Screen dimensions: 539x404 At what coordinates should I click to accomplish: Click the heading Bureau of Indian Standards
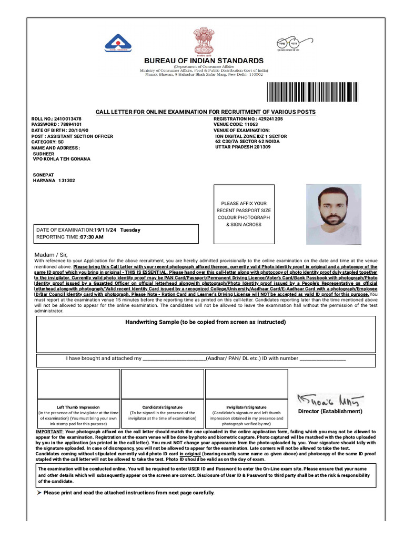click(x=205, y=61)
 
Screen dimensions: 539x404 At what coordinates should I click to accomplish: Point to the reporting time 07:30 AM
click(x=92, y=237)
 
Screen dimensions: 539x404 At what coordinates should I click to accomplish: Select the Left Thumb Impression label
click(x=78, y=407)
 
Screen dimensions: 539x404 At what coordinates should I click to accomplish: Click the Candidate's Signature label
click(x=163, y=407)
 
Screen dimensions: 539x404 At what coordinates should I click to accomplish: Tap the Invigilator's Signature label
click(x=246, y=407)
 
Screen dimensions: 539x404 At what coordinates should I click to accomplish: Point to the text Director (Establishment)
click(x=330, y=411)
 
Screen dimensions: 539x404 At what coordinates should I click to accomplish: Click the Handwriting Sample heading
click(x=205, y=322)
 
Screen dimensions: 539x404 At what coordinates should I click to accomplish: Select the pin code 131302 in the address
click(x=67, y=180)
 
